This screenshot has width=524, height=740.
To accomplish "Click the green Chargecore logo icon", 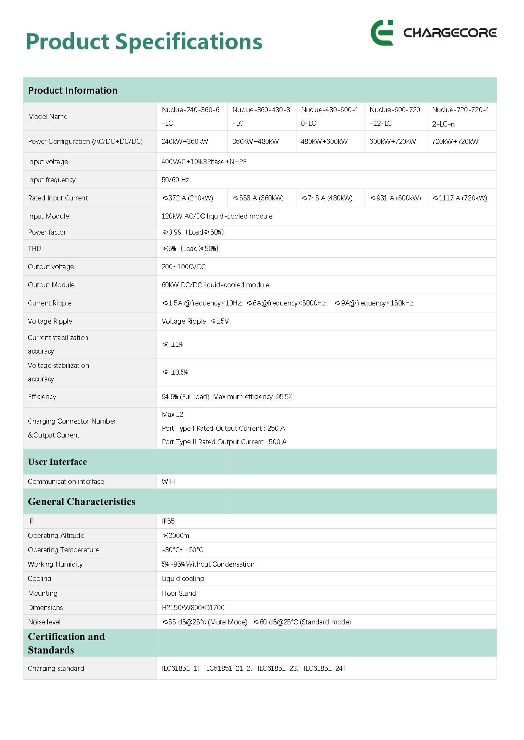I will tap(382, 32).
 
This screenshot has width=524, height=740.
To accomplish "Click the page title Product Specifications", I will tap(144, 42).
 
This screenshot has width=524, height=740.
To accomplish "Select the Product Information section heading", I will tap(73, 90).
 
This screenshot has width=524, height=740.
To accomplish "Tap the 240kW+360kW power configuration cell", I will tap(185, 141).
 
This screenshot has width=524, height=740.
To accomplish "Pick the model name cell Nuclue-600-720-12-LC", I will tap(395, 116).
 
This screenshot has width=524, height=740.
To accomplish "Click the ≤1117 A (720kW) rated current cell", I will tap(460, 198).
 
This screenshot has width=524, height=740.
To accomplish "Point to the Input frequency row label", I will tap(52, 180).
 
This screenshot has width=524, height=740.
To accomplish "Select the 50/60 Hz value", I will tap(175, 180).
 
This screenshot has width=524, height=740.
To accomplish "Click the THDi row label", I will tap(35, 248).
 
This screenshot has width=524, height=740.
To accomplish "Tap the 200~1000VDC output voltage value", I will tap(184, 267).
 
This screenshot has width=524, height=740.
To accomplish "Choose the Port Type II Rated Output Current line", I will tap(224, 442).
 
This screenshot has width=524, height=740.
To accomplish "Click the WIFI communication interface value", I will tap(168, 481).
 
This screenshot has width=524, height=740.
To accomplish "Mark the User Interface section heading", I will tap(57, 462).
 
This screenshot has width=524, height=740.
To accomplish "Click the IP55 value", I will tap(168, 521).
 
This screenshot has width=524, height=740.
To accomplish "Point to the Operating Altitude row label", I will tap(56, 535).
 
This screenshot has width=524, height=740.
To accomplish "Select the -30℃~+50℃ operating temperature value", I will tap(182, 550).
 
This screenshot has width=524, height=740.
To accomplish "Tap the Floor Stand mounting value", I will tap(179, 593).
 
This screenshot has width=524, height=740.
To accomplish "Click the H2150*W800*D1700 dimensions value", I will tap(193, 608).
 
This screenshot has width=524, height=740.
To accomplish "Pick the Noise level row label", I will tap(44, 622).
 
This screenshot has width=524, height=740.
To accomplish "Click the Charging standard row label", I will tap(56, 668).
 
